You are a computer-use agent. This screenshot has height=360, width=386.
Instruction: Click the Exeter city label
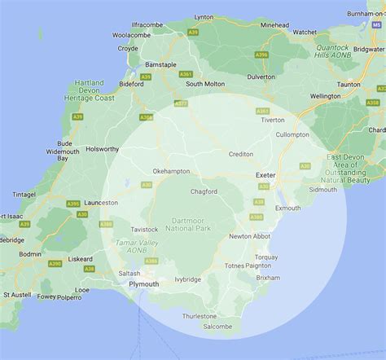click(x=266, y=175)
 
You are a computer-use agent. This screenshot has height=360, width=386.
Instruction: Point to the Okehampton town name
click(x=171, y=171)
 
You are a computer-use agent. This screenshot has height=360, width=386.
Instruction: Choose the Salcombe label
click(x=217, y=327)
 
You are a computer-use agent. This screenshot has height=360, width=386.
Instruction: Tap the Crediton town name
click(x=241, y=154)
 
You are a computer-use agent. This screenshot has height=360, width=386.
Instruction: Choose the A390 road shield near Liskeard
click(x=55, y=263)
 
